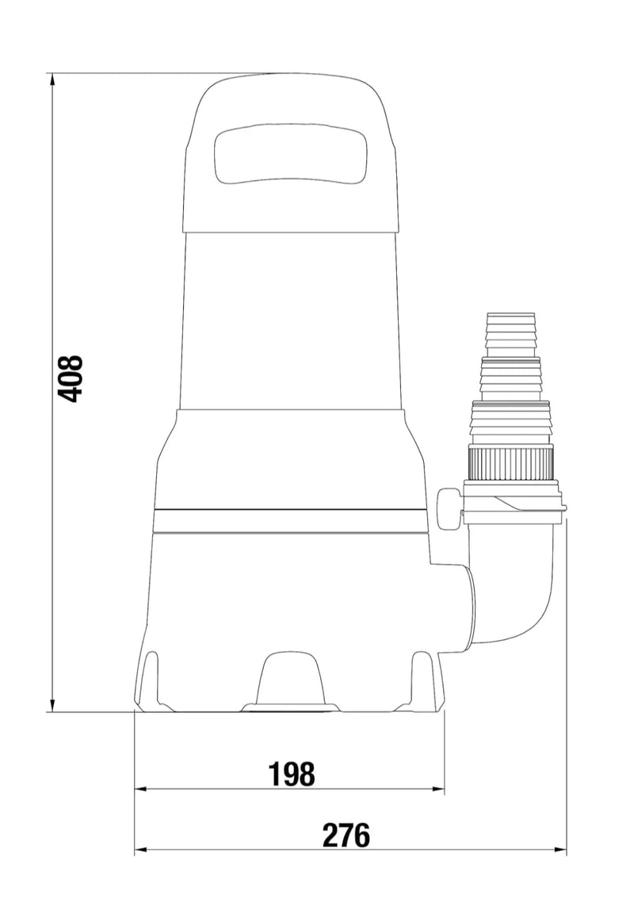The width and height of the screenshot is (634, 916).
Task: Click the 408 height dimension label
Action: pyautogui.click(x=71, y=378)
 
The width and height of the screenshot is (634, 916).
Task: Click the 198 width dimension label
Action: pyautogui.click(x=292, y=774)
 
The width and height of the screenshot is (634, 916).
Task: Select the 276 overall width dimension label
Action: pyautogui.click(x=347, y=835)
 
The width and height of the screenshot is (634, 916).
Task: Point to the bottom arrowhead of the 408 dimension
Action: pyautogui.click(x=52, y=704)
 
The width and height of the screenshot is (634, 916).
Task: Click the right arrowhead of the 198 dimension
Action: pyautogui.click(x=437, y=788)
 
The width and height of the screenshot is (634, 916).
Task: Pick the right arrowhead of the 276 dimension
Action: pyautogui.click(x=560, y=850)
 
